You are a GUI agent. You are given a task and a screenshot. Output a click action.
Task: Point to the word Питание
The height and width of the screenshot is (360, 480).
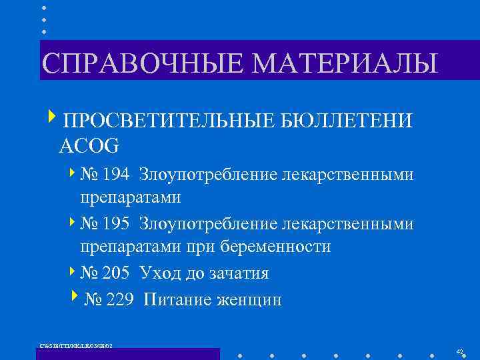click(x=175, y=300)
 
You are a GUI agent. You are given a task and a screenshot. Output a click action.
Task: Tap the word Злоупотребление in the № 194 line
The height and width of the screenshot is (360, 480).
click(x=209, y=175)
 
